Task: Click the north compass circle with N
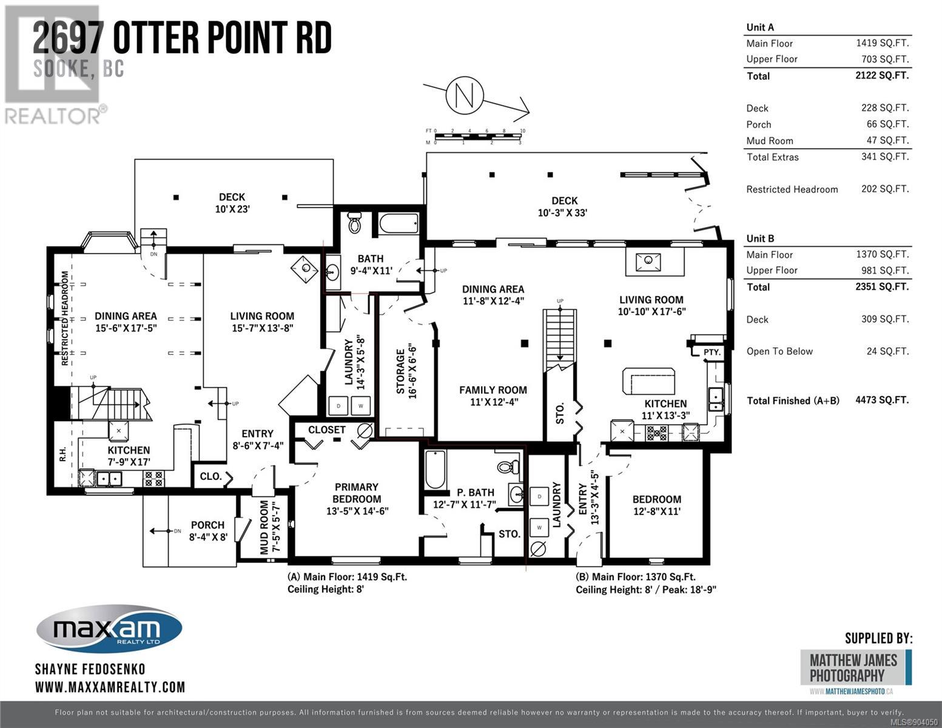pos(464,95)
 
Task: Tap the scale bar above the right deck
pos(478,136)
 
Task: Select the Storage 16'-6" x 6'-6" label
pos(406,371)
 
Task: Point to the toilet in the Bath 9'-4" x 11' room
pos(355,222)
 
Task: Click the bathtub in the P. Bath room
pos(436,470)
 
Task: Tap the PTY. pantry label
pos(712,352)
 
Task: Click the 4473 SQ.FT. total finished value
pos(882,400)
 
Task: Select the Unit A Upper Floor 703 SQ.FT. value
pos(885,59)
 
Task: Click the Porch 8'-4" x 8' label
pos(208,531)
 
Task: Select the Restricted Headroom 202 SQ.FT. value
pos(885,189)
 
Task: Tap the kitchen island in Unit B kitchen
pos(648,381)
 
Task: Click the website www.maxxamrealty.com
pos(110,687)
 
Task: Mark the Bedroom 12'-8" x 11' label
pos(657,505)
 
